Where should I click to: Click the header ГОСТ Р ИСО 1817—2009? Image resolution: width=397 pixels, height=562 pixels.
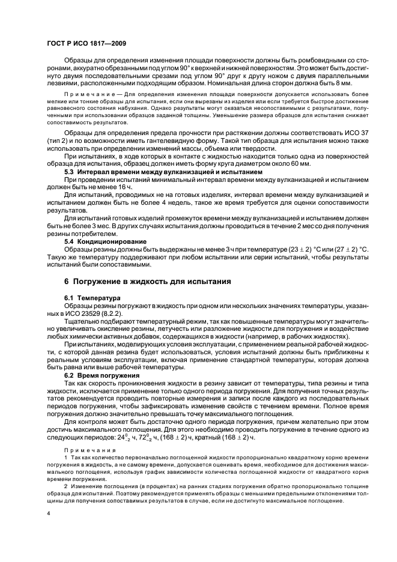coord(86,44)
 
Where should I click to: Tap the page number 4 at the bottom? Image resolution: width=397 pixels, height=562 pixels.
coord(48,514)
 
